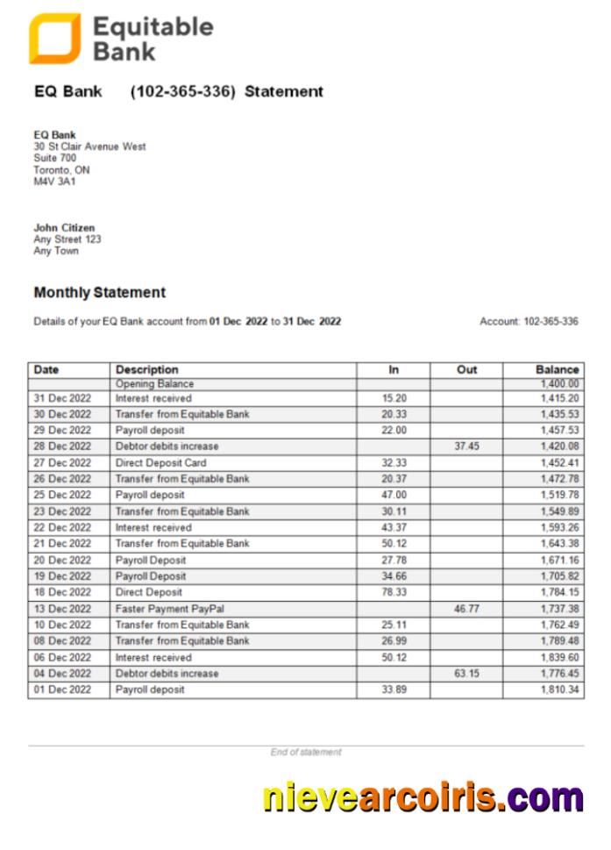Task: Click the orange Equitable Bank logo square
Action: click(54, 39)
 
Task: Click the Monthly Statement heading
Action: click(99, 292)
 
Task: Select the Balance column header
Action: click(557, 369)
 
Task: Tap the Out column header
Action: click(466, 369)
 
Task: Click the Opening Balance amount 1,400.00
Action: click(559, 383)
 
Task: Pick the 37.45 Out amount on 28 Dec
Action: click(466, 446)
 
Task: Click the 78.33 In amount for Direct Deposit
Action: click(394, 592)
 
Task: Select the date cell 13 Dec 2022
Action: click(62, 609)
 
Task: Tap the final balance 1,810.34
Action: click(559, 690)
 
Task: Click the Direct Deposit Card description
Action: click(160, 462)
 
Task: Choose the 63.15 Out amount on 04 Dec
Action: click(466, 674)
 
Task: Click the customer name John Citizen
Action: click(64, 227)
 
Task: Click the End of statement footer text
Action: click(306, 753)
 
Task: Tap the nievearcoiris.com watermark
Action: click(423, 798)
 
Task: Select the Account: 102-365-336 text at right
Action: click(529, 322)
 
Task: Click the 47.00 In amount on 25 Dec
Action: click(394, 495)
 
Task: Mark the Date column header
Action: click(46, 369)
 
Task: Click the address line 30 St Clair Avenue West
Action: click(89, 146)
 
